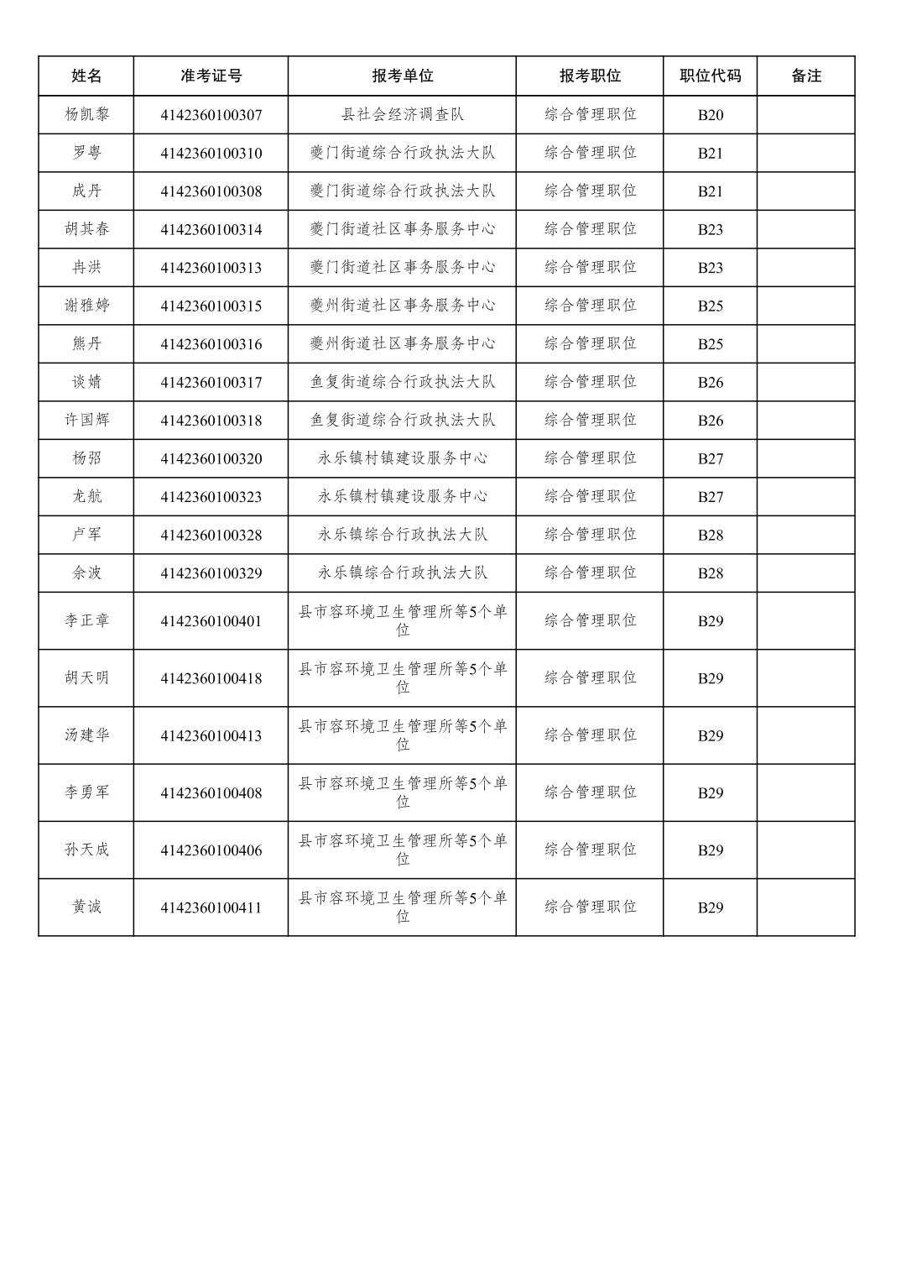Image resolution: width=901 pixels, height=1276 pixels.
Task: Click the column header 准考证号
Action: [211, 76]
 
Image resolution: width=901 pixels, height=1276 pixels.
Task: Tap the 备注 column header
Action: [805, 76]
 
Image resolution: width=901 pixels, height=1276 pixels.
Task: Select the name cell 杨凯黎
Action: [86, 114]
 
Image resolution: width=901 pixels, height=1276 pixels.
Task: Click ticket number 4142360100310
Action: [211, 153]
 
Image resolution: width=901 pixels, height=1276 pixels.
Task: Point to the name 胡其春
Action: [86, 229]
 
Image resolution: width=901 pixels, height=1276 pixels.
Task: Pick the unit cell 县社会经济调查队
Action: [402, 114]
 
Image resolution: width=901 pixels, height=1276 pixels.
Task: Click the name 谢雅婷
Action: [86, 306]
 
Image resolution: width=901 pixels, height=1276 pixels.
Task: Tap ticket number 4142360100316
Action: [211, 344]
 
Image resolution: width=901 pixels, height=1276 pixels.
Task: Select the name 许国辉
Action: [86, 420]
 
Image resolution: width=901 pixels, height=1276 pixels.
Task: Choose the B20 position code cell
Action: [710, 115]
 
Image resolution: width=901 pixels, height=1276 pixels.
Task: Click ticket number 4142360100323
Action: [211, 497]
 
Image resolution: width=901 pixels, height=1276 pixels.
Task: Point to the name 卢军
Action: [86, 535]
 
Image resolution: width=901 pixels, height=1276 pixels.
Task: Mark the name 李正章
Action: [86, 620]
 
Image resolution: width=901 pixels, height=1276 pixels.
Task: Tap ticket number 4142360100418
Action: [211, 678]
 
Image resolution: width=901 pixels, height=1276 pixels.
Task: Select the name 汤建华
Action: [86, 735]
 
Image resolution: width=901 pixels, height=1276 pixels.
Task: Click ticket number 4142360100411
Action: [211, 907]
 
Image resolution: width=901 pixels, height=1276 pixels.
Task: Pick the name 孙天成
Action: [86, 850]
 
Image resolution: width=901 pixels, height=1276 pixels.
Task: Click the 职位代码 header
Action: [710, 76]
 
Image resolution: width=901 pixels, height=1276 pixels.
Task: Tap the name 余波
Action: [86, 573]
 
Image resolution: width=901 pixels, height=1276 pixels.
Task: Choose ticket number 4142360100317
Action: [211, 382]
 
